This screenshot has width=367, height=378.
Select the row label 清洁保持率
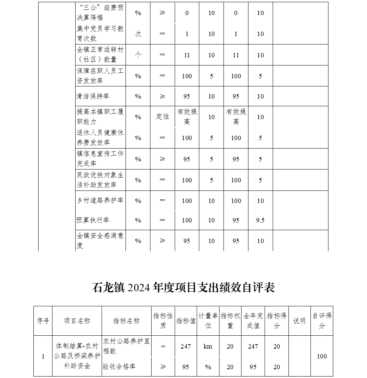pos(93,96)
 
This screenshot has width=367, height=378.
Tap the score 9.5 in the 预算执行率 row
pos(260,220)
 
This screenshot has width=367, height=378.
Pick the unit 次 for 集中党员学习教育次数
pos(138,34)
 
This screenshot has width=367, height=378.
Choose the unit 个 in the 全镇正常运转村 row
pos(138,55)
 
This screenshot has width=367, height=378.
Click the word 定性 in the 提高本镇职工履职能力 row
pos(162,117)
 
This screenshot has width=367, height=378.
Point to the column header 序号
pos(43,321)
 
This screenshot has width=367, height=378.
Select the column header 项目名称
pos(77,321)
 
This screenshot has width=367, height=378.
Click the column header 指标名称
pos(126,321)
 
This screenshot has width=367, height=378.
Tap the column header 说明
pos(299,321)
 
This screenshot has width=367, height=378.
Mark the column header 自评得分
pos(322,321)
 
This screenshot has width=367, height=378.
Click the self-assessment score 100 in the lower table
pos(322,356)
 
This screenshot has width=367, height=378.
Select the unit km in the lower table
pos(208,346)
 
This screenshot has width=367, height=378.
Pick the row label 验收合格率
pos(119,367)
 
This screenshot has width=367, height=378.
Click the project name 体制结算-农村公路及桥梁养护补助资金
pos(77,356)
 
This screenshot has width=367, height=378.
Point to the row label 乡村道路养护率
pos(100,200)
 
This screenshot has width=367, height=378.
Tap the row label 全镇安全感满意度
pos(100,240)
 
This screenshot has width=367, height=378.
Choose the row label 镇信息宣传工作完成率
pos(100,158)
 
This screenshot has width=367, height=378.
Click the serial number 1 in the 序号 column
pos(43,356)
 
